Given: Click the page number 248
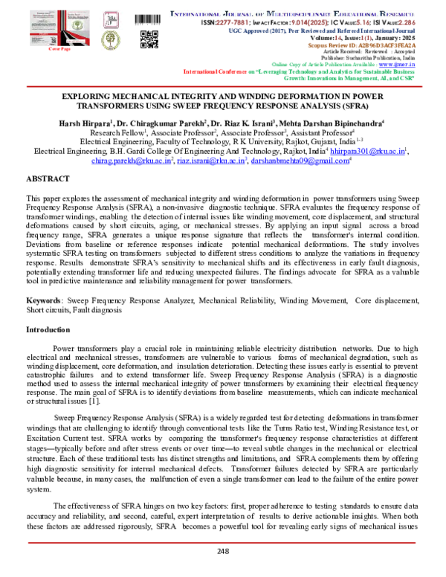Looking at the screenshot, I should (x=223, y=551).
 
